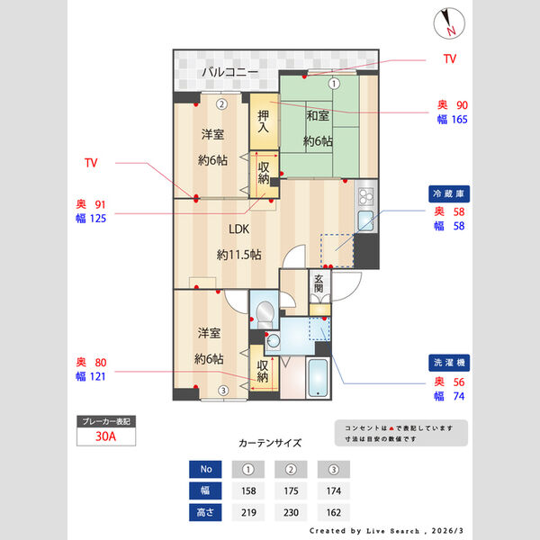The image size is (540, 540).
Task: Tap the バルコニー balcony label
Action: coord(229,71)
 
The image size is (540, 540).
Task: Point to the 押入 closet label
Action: coord(264,121)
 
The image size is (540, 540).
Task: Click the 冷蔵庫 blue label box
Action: coord(449,193)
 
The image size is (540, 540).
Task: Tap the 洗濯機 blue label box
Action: coord(449,363)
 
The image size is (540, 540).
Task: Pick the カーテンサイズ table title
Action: coord(270,444)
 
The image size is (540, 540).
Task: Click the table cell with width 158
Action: coord(249,491)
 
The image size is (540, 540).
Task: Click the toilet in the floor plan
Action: coord(264,314)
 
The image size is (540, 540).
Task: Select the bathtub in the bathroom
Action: coord(318,378)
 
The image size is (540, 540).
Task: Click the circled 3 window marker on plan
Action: coord(221,390)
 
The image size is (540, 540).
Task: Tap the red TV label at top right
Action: coord(449,58)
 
